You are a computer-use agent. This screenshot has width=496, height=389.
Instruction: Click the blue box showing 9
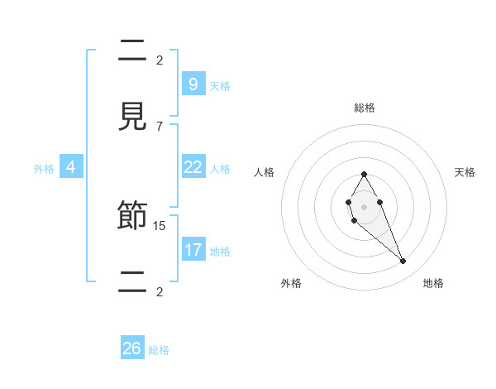pos(193,84)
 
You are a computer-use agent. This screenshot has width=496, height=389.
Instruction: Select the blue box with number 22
pos(193,167)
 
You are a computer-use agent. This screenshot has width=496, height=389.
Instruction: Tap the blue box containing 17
pos(193,249)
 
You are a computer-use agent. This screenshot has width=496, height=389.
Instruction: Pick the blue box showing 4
pos(70,167)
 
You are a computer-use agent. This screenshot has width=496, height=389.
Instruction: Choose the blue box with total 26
pos(131,348)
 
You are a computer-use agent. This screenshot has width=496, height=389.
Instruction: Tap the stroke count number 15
pos(160,225)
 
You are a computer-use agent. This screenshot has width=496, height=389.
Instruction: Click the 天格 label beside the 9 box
pos(220,85)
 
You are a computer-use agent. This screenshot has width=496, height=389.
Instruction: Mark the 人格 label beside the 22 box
pos(220,169)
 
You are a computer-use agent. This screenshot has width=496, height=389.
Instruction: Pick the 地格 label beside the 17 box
pos(220,251)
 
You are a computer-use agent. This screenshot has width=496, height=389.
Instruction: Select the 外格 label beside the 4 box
pos(44,169)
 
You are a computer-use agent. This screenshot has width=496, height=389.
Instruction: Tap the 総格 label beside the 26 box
pos(159,350)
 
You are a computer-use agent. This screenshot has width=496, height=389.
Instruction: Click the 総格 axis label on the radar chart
pos(364,108)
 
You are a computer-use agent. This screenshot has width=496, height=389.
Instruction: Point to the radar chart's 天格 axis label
pos(465,172)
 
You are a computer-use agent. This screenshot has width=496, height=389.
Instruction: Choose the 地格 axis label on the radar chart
pos(433,283)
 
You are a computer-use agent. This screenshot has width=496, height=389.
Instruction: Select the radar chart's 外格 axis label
pos(291,283)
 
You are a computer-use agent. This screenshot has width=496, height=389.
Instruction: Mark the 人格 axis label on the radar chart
pos(264,172)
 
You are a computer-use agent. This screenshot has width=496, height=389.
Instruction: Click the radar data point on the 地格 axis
pos(403,261)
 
